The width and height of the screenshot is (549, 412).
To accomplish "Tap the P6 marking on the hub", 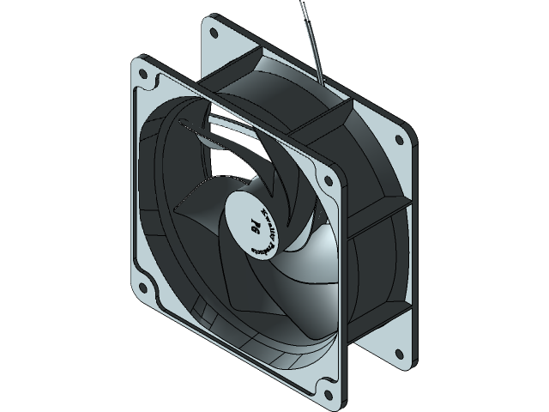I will (255, 226).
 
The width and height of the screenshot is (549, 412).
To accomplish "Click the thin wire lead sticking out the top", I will (310, 34).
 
